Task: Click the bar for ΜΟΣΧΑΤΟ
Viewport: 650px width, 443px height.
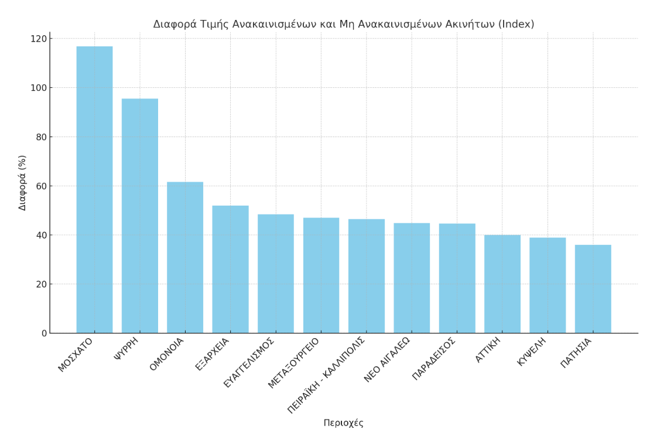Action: tap(94, 190)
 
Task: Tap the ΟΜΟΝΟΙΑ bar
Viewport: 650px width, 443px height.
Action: tap(185, 257)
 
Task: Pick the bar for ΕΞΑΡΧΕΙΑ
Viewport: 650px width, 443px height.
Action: tap(230, 269)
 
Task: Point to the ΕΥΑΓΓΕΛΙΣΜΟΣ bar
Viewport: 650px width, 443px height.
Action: tap(276, 274)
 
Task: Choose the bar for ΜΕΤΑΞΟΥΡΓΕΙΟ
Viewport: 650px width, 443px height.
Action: tap(321, 275)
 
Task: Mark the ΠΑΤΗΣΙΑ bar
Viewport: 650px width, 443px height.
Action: tap(593, 289)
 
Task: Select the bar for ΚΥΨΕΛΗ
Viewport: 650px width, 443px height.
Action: tap(548, 285)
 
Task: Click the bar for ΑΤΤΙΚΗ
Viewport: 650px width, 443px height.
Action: tap(502, 284)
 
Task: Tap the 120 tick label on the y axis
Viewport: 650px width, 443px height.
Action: tap(39, 39)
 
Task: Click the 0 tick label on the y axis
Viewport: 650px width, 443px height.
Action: tap(44, 333)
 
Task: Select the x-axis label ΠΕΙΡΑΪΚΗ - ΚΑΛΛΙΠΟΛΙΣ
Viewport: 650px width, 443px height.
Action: tap(326, 376)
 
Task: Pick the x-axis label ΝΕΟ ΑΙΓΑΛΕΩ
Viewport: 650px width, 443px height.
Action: tap(387, 360)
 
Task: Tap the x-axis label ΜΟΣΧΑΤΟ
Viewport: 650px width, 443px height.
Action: tap(76, 355)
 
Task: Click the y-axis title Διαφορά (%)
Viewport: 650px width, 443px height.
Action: tap(23, 183)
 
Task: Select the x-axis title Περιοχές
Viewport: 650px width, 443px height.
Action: tap(343, 423)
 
